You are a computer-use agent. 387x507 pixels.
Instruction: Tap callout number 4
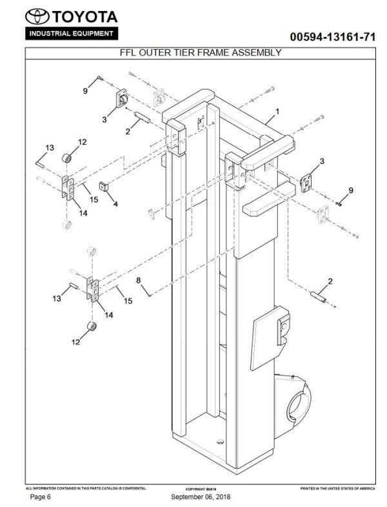coord(115,204)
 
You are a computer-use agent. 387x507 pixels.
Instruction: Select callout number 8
coord(138,280)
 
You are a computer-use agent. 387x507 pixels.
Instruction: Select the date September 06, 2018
coord(201,497)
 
